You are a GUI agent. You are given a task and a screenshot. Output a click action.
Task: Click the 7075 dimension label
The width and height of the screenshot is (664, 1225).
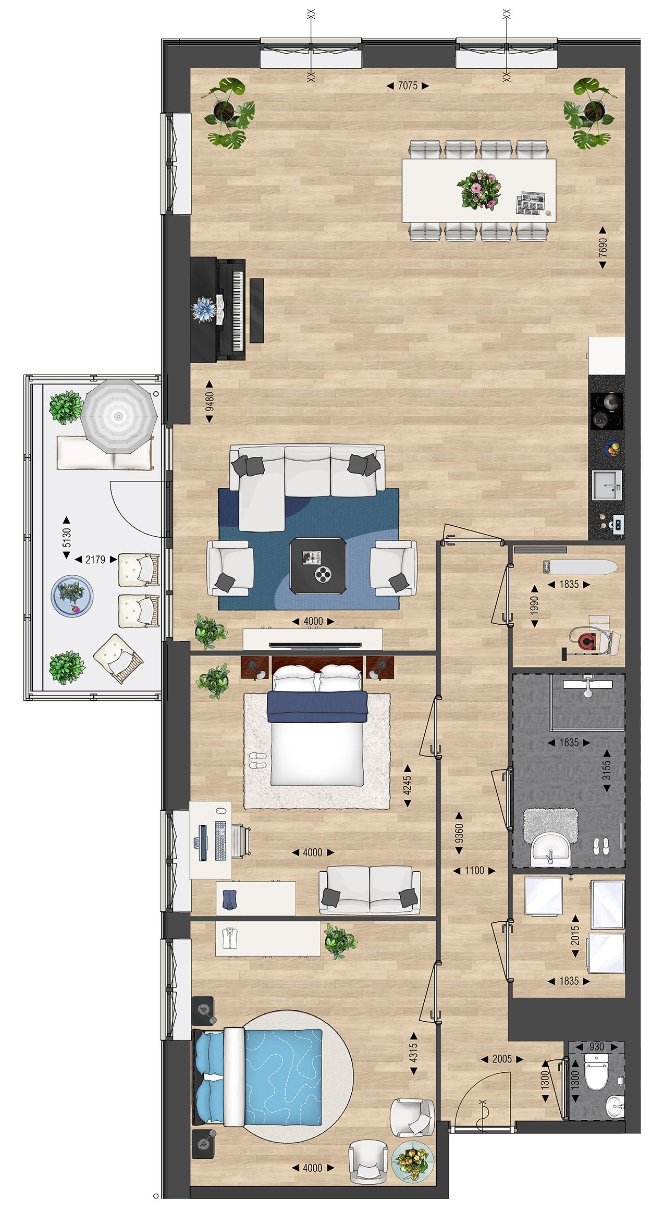tap(408, 85)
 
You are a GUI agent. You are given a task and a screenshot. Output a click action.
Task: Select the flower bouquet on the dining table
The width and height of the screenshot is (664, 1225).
tap(478, 190)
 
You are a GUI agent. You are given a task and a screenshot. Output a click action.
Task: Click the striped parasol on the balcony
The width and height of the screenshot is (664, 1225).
tap(119, 416)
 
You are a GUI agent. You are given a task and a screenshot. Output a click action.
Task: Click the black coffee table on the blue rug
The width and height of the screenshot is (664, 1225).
tap(318, 566)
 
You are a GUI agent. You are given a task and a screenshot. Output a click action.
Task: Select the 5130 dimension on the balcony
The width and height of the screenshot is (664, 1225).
tap(66, 537)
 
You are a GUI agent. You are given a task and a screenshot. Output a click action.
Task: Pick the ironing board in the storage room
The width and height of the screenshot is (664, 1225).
tap(580, 565)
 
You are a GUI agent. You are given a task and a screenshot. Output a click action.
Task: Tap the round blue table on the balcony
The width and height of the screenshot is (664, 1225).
tap(72, 596)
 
